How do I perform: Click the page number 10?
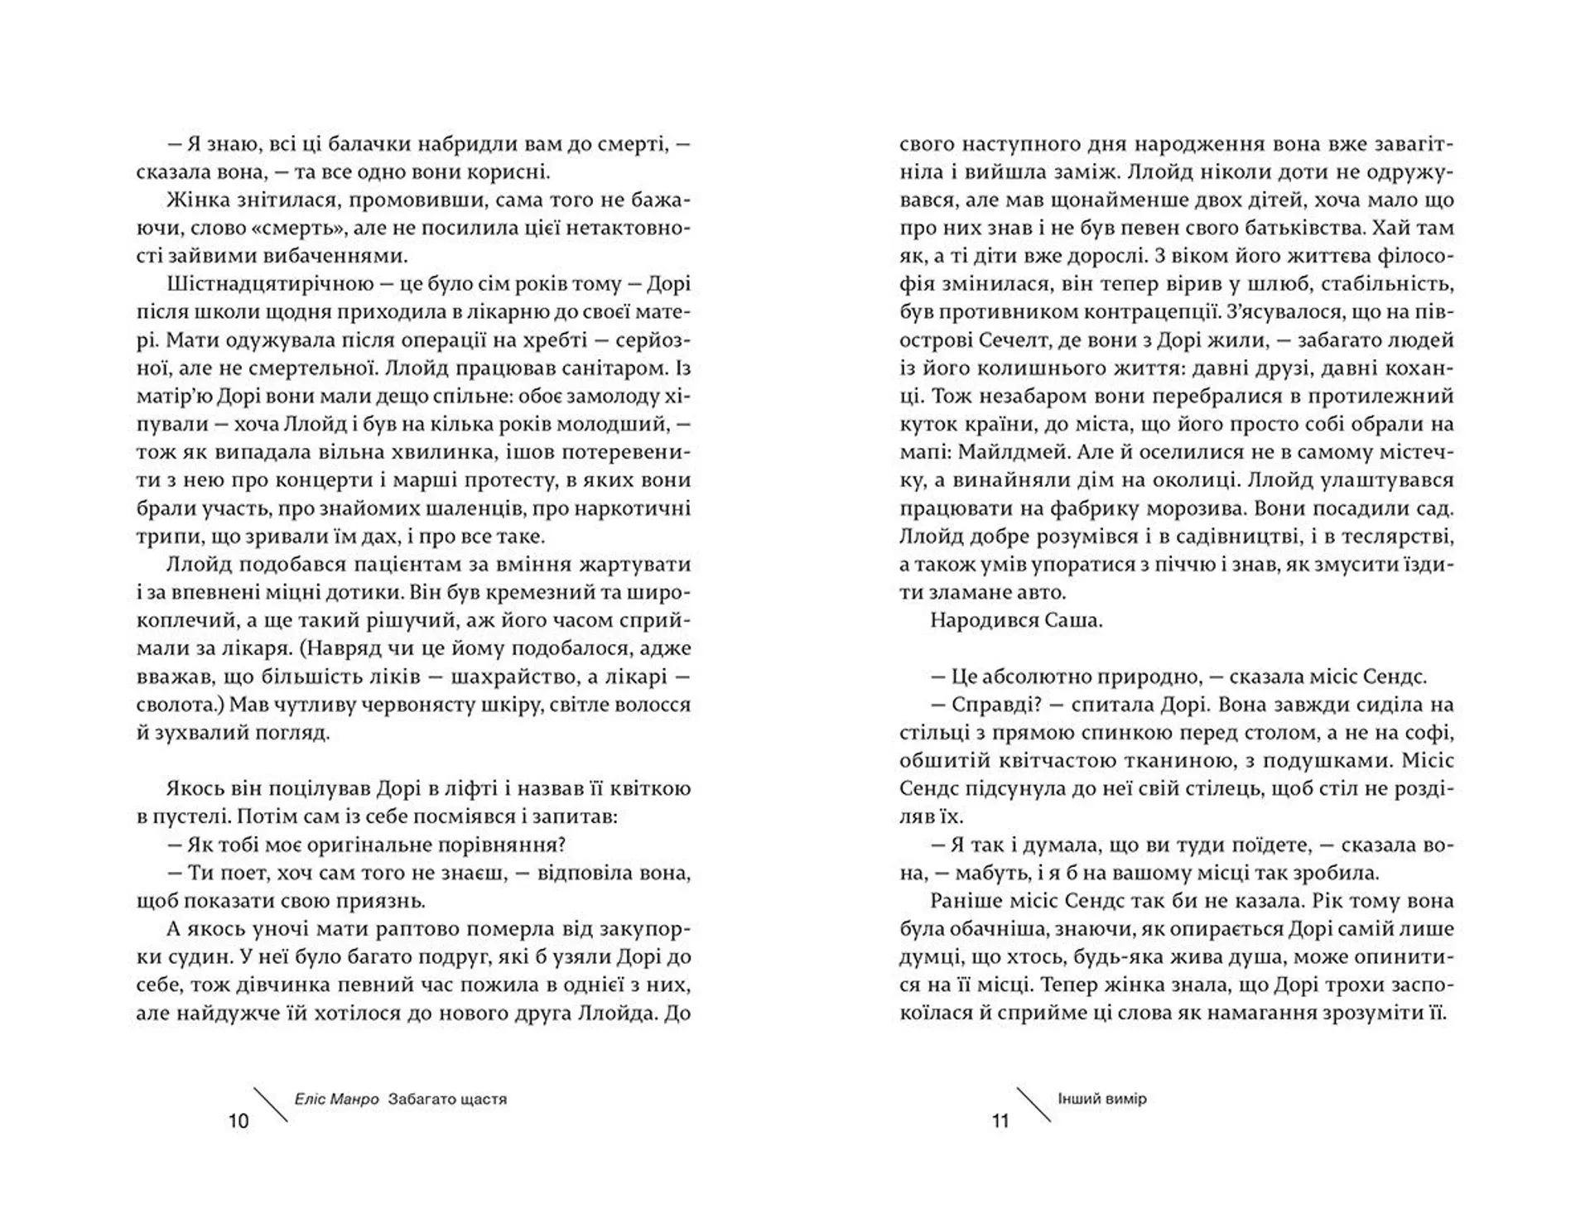[238, 1121]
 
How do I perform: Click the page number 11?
[1000, 1121]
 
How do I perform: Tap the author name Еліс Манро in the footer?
[336, 1100]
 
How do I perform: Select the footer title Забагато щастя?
[446, 1100]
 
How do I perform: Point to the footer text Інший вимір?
[1101, 1099]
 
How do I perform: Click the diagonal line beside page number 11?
[1033, 1105]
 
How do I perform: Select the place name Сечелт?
[1013, 339]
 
